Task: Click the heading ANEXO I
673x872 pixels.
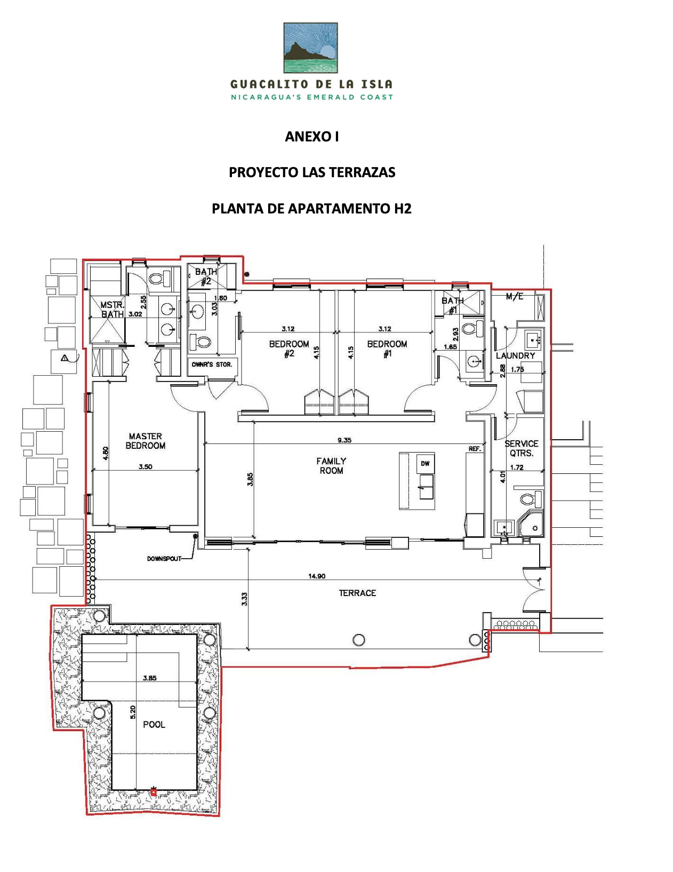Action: coord(311,137)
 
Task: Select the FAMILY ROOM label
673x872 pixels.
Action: coord(331,465)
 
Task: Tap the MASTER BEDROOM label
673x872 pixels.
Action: coord(146,441)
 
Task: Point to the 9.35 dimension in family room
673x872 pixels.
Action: coord(344,440)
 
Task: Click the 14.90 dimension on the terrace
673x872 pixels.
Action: coord(317,576)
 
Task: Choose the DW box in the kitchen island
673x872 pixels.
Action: coord(425,463)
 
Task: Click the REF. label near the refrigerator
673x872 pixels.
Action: coord(475,449)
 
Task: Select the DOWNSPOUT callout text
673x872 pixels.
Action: coord(164,559)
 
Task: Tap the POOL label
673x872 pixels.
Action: coord(154,724)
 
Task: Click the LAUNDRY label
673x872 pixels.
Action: coord(515,355)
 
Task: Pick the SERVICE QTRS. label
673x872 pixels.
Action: coord(521,448)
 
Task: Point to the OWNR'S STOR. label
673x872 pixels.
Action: coord(212,364)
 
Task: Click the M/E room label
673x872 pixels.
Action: coord(515,296)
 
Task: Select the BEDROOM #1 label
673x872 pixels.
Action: coord(387,348)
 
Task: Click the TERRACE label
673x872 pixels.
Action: coord(357,593)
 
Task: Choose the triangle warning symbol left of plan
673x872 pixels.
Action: coord(65,358)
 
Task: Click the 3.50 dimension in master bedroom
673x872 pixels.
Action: coord(146,466)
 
